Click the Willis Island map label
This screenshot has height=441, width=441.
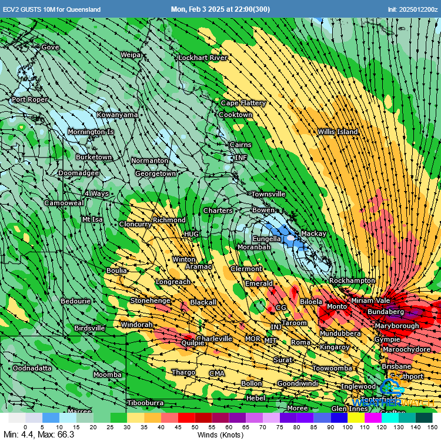[338, 132]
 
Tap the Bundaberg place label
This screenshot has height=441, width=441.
[385, 311]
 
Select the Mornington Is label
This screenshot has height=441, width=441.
[90, 132]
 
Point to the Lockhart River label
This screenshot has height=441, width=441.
[203, 58]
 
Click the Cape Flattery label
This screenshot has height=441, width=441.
[243, 103]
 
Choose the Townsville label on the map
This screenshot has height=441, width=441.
[268, 194]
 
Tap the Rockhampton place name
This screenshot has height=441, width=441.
[352, 280]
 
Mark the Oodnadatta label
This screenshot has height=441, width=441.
[32, 368]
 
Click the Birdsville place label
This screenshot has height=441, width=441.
[89, 328]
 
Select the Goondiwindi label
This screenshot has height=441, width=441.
[298, 383]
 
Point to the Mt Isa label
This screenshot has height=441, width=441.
[92, 219]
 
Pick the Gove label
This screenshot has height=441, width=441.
[50, 47]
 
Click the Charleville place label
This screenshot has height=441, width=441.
[214, 339]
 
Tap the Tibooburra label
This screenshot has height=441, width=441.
[145, 403]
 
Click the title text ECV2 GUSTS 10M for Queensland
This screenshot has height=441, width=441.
[52, 9]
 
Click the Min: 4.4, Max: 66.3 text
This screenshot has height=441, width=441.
[39, 435]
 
